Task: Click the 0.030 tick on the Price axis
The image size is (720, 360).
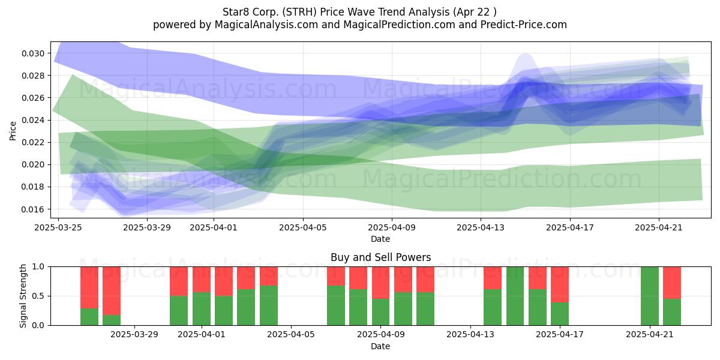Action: point(33,53)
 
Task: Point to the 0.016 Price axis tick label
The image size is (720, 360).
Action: point(33,209)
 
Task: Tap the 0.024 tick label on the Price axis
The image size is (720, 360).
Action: point(33,121)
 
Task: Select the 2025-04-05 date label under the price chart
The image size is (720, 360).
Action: point(303,227)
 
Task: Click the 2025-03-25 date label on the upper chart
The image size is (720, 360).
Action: point(58,227)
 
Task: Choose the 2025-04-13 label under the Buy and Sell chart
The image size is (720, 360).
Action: point(470,334)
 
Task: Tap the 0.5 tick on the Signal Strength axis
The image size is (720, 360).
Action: point(38,296)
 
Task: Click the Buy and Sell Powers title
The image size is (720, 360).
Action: point(380,257)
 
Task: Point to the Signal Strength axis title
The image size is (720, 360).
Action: point(23,296)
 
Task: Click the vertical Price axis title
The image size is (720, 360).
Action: point(13,131)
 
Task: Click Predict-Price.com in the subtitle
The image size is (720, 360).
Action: point(524,25)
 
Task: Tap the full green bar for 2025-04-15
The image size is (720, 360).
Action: point(515,296)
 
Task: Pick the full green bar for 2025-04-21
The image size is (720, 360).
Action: point(650,296)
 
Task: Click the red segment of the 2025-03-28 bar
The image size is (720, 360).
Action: point(112,291)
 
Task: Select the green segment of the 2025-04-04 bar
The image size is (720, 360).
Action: point(269,305)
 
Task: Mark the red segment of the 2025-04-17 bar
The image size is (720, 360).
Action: point(560,284)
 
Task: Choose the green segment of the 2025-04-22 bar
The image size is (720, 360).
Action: point(672,312)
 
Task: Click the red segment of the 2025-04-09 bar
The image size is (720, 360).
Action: point(380,283)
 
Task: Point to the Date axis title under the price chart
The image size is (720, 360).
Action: point(380,239)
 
